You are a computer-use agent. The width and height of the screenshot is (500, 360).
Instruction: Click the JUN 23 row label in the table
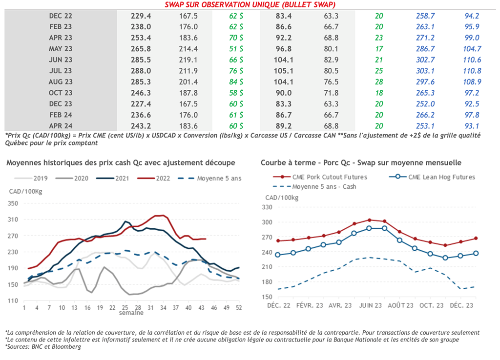tap(61, 60)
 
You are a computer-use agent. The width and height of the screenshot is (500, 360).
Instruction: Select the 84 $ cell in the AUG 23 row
tap(236, 82)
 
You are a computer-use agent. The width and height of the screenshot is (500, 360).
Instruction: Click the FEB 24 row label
tap(61, 115)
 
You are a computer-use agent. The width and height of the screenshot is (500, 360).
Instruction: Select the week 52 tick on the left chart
tap(239, 308)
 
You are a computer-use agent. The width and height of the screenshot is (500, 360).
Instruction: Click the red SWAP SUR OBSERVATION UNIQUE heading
tap(250, 5)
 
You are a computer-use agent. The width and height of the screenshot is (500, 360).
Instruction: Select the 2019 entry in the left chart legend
tap(34, 179)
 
